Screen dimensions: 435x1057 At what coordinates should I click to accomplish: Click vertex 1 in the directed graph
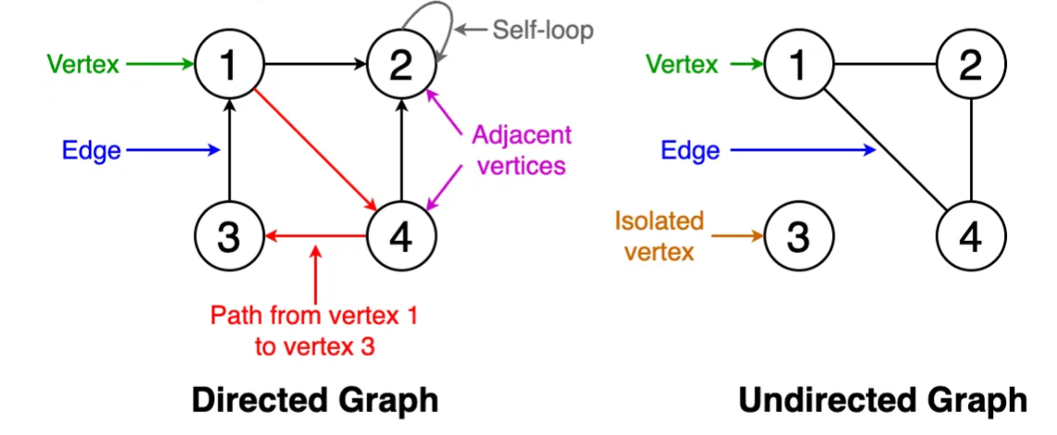click(x=230, y=65)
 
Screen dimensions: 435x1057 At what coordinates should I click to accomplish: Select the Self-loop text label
click(x=543, y=30)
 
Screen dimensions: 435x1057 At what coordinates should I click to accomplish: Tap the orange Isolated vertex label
click(x=659, y=236)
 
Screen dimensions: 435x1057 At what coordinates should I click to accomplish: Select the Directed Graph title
click(x=314, y=400)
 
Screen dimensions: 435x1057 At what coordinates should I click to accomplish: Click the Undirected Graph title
click(x=883, y=400)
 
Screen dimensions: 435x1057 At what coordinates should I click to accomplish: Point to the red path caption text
click(x=314, y=332)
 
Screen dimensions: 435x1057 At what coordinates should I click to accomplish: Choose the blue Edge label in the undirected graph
click(x=690, y=151)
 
